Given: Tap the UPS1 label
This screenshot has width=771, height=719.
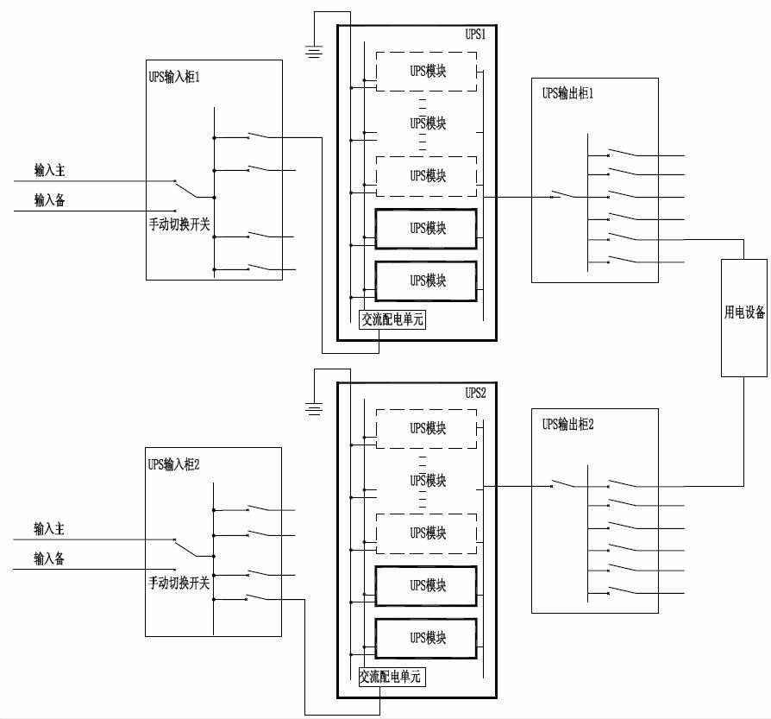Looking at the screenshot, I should (x=476, y=35).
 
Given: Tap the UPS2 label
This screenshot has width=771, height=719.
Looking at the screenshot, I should (x=476, y=393).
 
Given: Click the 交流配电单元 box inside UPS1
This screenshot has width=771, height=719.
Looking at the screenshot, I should (x=392, y=319).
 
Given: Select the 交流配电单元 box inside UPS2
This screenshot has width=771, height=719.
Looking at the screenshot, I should (x=392, y=677).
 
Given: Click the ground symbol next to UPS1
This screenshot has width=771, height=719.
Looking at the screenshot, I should (x=315, y=52).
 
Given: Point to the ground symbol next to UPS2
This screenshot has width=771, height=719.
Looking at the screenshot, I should (x=315, y=408).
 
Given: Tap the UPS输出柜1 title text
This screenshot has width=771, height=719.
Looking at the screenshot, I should (x=568, y=93).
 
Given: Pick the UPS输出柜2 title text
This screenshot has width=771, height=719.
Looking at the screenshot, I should (x=568, y=424).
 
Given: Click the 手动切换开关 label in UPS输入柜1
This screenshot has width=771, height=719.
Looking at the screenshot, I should (x=179, y=224).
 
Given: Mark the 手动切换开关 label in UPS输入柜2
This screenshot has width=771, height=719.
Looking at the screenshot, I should (x=179, y=583).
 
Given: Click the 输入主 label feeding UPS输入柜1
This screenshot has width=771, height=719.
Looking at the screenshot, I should (x=49, y=171).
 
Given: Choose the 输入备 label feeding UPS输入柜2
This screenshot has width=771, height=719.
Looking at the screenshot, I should (x=49, y=558).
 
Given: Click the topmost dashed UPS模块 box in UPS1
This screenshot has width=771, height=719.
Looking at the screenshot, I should (x=426, y=71).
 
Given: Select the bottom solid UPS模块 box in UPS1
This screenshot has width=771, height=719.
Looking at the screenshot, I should (x=426, y=281).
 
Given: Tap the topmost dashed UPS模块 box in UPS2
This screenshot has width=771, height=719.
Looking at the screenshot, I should (x=426, y=428).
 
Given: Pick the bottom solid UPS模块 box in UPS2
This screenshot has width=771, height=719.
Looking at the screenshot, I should (x=426, y=638).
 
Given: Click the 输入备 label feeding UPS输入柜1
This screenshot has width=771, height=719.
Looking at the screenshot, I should (x=49, y=200).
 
